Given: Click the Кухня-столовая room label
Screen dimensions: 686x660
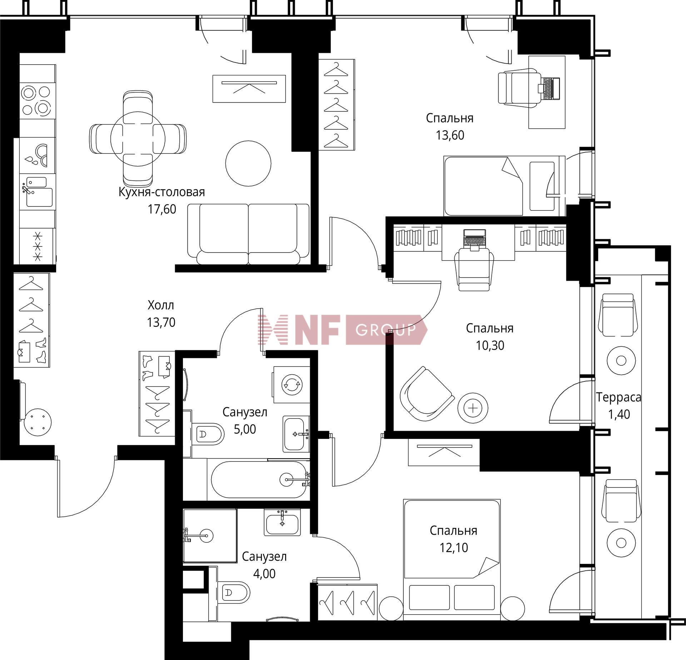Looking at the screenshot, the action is pos(161,192).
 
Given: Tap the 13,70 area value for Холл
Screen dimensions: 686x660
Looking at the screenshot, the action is pos(161,322).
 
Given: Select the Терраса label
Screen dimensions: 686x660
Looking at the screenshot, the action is pos(618,397).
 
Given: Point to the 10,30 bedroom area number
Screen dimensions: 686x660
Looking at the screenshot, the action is pos(490,345).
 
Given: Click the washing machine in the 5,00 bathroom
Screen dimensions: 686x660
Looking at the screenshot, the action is pos(291,385).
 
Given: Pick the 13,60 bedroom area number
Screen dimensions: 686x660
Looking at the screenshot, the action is pos(450,135).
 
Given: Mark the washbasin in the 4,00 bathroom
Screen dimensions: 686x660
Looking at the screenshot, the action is pos(283,522).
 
